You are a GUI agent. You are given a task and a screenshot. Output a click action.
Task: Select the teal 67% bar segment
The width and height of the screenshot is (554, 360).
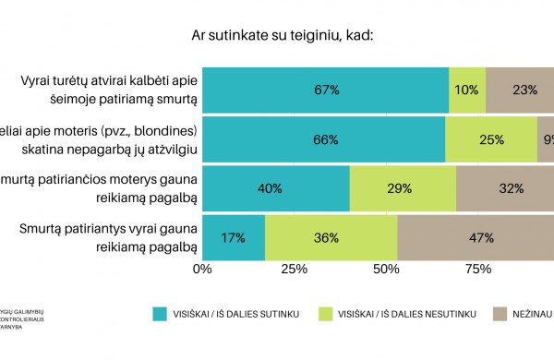click(325, 90)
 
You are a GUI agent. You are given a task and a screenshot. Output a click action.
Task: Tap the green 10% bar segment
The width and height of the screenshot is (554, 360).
click(466, 90)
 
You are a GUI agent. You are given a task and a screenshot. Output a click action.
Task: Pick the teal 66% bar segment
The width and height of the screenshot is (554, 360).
click(323, 139)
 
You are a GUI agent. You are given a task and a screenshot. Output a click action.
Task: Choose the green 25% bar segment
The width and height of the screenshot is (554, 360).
click(491, 139)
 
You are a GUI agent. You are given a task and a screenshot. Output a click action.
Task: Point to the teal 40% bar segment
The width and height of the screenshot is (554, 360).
click(275, 188)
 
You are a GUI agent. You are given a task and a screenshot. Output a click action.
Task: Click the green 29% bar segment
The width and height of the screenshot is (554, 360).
click(403, 188)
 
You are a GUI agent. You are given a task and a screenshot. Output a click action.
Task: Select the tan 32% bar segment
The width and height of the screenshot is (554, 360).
click(504, 188)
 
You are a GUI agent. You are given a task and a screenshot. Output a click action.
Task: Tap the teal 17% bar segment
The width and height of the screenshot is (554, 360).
click(233, 237)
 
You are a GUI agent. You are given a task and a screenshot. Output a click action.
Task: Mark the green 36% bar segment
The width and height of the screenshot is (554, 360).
click(331, 237)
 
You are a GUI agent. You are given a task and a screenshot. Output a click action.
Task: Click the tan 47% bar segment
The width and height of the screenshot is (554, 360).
click(475, 237)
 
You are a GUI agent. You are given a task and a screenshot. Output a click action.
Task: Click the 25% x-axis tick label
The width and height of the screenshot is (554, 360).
click(294, 269)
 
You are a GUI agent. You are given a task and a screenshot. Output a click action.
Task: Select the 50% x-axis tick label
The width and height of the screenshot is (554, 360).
click(385, 269)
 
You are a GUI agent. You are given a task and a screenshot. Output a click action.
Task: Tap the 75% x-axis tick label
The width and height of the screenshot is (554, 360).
click(476, 269)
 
